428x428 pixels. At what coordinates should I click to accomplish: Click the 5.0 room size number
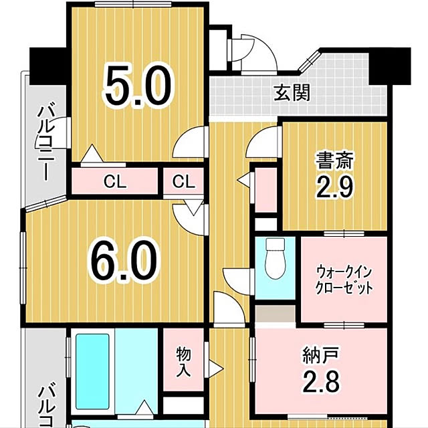[x=138, y=86]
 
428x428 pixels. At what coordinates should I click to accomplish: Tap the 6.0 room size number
[x=124, y=261]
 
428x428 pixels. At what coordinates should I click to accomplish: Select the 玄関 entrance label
[x=292, y=93]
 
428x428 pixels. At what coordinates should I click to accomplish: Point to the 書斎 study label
[x=335, y=160]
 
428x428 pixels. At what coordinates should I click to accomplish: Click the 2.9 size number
[x=335, y=187]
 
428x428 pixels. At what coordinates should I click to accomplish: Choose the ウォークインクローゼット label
[x=344, y=280]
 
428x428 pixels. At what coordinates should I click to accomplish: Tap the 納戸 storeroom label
[x=321, y=355]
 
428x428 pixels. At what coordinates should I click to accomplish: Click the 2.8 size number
[x=322, y=381]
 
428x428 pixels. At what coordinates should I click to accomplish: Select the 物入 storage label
[x=183, y=362]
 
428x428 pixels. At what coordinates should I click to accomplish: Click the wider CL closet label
[x=115, y=181]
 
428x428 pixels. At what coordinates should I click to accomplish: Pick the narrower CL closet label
[x=184, y=181]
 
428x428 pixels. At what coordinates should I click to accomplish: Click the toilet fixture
[x=275, y=258]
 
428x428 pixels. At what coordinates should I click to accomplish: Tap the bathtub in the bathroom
[x=92, y=372]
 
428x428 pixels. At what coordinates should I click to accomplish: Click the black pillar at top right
[x=390, y=66]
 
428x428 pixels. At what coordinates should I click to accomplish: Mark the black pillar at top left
[x=48, y=66]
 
